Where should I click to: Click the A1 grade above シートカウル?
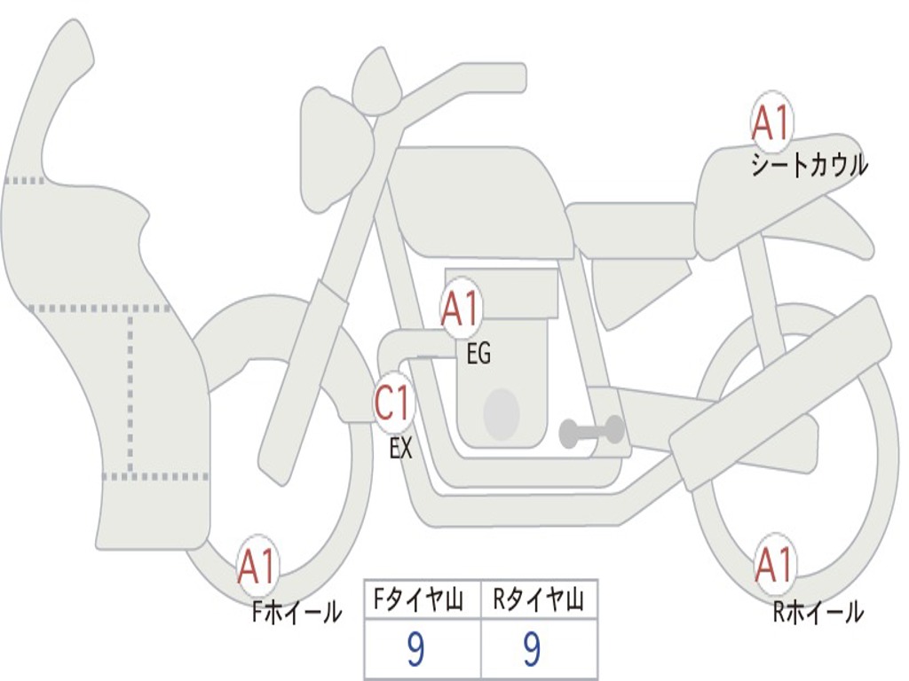[771, 123]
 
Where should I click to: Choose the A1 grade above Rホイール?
[773, 566]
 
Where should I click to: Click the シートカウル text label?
[809, 166]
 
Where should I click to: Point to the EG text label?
[478, 355]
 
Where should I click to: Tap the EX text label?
[401, 449]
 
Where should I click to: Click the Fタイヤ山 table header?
[422, 602]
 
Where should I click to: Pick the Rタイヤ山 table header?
[539, 602]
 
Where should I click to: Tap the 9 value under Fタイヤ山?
[415, 650]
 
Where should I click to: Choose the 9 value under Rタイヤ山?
[532, 650]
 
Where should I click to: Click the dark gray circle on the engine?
[501, 413]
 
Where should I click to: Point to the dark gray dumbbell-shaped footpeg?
[591, 432]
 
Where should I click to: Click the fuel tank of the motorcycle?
[479, 200]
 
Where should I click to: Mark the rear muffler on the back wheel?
[781, 390]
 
